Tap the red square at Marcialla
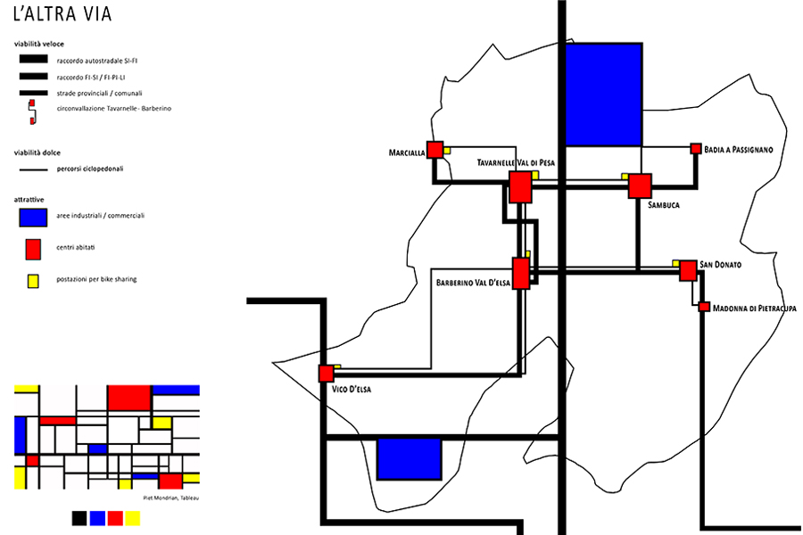pos(435,150)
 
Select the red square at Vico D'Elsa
pos(326,374)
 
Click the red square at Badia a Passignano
pos(695,149)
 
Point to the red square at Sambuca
pos(640,185)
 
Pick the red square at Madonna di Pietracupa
pos(704,307)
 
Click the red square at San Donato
pos(688,271)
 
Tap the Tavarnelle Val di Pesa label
pos(516,163)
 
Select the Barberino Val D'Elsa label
pos(473,283)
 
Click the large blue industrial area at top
pos(603,95)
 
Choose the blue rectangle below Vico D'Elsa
pos(410,458)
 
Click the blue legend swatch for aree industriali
pos(33,217)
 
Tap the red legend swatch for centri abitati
pos(33,250)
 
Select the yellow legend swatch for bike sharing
pos(33,281)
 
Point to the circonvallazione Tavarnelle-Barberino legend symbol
pos(32,111)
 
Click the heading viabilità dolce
pos(37,152)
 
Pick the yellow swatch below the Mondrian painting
pos(133,518)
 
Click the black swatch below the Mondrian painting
pos(79,518)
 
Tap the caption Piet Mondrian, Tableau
pos(171,498)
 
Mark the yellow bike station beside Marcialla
pos(447,151)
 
